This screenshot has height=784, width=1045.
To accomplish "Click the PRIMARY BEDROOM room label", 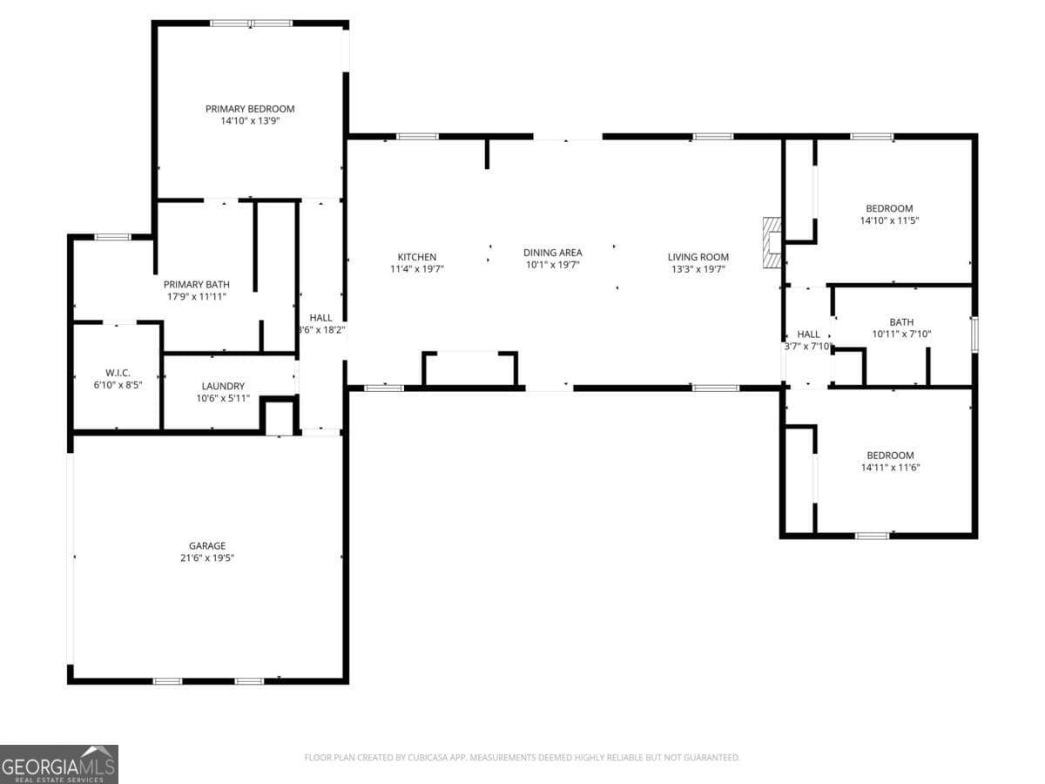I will click(x=250, y=109).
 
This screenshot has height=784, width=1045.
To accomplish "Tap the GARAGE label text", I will click(x=207, y=546).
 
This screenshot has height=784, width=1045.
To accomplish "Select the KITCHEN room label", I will click(x=417, y=257).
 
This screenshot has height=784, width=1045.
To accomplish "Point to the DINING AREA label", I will click(x=552, y=253).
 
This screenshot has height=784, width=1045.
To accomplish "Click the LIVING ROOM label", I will click(x=698, y=257).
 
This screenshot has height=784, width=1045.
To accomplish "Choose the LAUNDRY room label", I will click(x=223, y=386).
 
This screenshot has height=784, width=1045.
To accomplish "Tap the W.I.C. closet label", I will click(x=118, y=372).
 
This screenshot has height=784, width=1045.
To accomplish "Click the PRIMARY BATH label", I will click(x=197, y=284).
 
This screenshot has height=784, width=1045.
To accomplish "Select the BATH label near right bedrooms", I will click(x=901, y=322).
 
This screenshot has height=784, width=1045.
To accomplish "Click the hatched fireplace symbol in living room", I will click(x=772, y=242).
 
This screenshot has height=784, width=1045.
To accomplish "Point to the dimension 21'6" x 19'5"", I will click(x=207, y=558).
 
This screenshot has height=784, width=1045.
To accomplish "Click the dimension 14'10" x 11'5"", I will click(x=889, y=220).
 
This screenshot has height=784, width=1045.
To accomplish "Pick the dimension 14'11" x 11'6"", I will click(x=890, y=468).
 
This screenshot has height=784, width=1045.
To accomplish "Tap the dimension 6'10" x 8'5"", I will click(x=118, y=384).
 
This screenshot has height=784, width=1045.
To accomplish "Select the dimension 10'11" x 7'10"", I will click(x=901, y=335).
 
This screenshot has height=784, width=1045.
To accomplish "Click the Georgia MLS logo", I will click(x=59, y=764).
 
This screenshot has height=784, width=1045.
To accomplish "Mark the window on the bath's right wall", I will click(x=974, y=335).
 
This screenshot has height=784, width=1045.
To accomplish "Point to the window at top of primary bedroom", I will click(x=251, y=24).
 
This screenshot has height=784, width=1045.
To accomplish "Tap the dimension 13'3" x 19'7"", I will click(x=698, y=269).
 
